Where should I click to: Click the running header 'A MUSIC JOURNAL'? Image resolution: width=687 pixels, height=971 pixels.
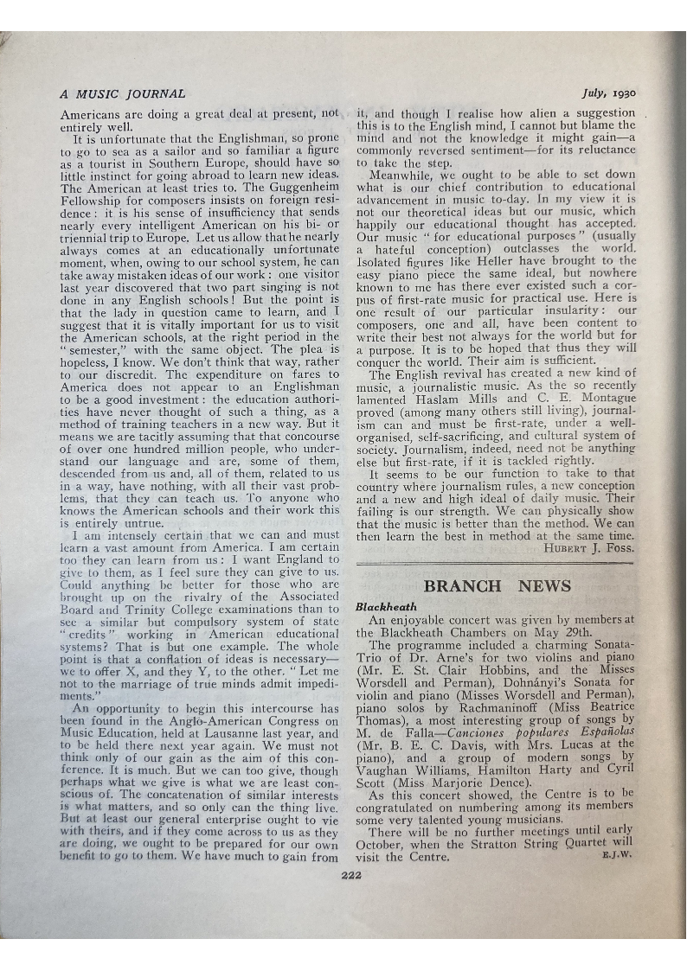(x=122, y=93)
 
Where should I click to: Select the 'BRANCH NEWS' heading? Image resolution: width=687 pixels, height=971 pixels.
(x=497, y=585)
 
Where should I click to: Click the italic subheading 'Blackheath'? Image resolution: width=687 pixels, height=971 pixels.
(x=386, y=607)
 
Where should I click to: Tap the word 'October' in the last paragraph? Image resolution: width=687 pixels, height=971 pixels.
(x=384, y=845)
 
